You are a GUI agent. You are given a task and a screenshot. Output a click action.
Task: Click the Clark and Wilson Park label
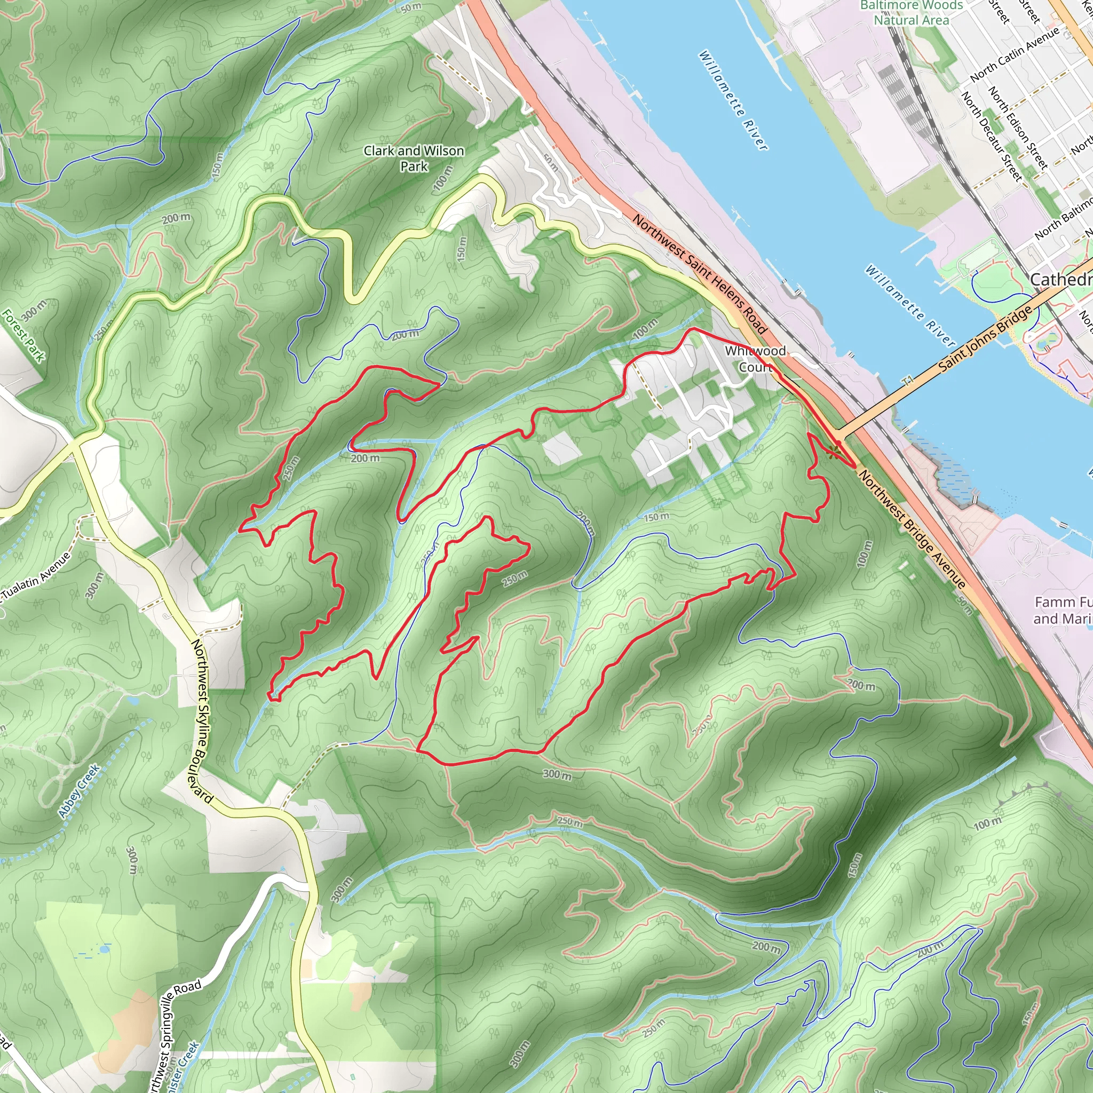(x=414, y=159)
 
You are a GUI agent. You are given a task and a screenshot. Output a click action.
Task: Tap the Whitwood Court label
(x=755, y=359)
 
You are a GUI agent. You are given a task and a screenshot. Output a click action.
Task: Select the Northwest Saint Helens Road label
(x=699, y=274)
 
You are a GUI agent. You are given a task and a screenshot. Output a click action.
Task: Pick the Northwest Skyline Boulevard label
(x=201, y=722)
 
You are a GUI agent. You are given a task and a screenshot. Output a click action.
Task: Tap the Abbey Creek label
(x=78, y=791)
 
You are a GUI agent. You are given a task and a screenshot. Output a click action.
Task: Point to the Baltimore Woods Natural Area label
(x=911, y=12)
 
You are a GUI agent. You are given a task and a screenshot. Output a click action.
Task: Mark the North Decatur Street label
(x=992, y=136)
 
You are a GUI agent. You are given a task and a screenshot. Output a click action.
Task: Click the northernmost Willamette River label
(x=733, y=100)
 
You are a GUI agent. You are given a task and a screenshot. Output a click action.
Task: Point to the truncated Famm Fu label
(x=1063, y=610)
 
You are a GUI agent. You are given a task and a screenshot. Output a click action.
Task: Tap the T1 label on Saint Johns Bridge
(x=909, y=381)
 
